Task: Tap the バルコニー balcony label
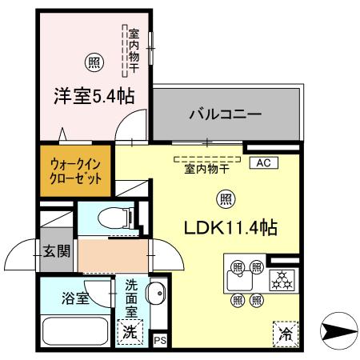tap(225, 114)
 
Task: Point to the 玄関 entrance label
tap(56, 250)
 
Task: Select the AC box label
tap(263, 163)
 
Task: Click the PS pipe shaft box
tap(159, 340)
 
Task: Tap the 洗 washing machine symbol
tap(128, 332)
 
